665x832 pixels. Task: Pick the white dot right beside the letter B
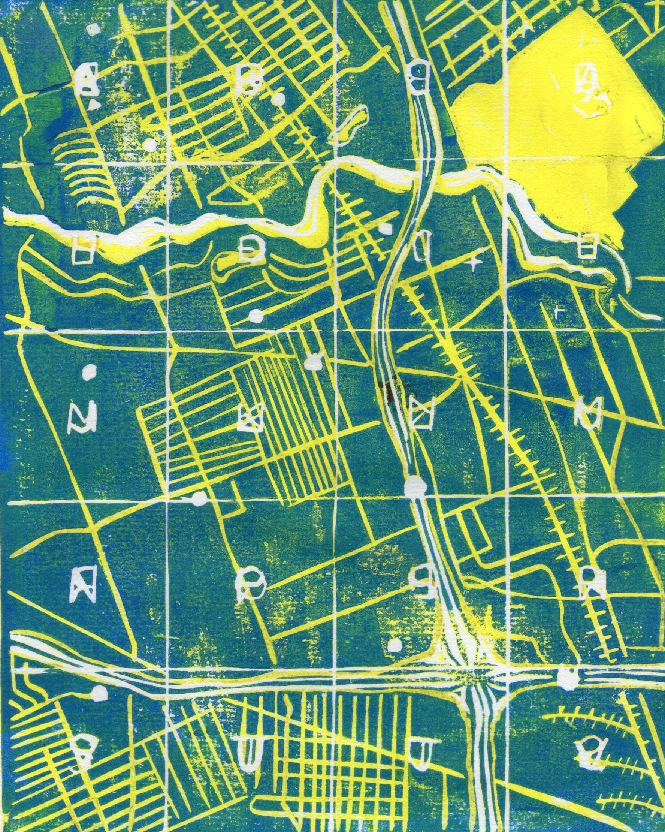coord(281,100)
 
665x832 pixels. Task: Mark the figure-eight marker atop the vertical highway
coord(418,76)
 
